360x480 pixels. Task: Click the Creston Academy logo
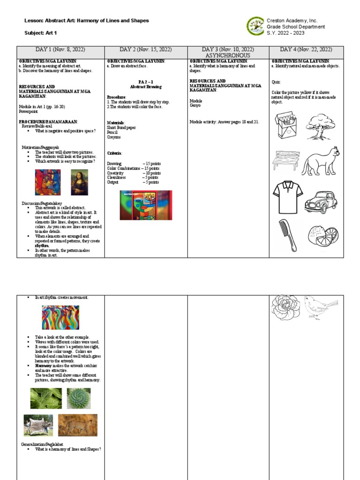[x=255, y=26]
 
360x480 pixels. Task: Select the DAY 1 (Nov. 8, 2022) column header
[x=60, y=50]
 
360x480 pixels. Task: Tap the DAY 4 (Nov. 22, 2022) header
[x=306, y=50]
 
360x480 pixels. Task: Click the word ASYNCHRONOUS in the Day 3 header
[x=228, y=55]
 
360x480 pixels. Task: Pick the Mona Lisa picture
[x=79, y=182]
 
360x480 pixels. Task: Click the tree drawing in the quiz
[x=321, y=126]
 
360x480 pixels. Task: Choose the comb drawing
[x=288, y=235]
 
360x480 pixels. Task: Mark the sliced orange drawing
[x=323, y=236]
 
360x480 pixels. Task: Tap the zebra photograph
[x=38, y=425]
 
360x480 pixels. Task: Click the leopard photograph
[x=78, y=425]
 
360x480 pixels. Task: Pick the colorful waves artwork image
[x=60, y=317]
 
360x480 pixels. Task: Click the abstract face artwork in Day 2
[x=146, y=205]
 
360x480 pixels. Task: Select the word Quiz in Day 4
[x=276, y=82]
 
